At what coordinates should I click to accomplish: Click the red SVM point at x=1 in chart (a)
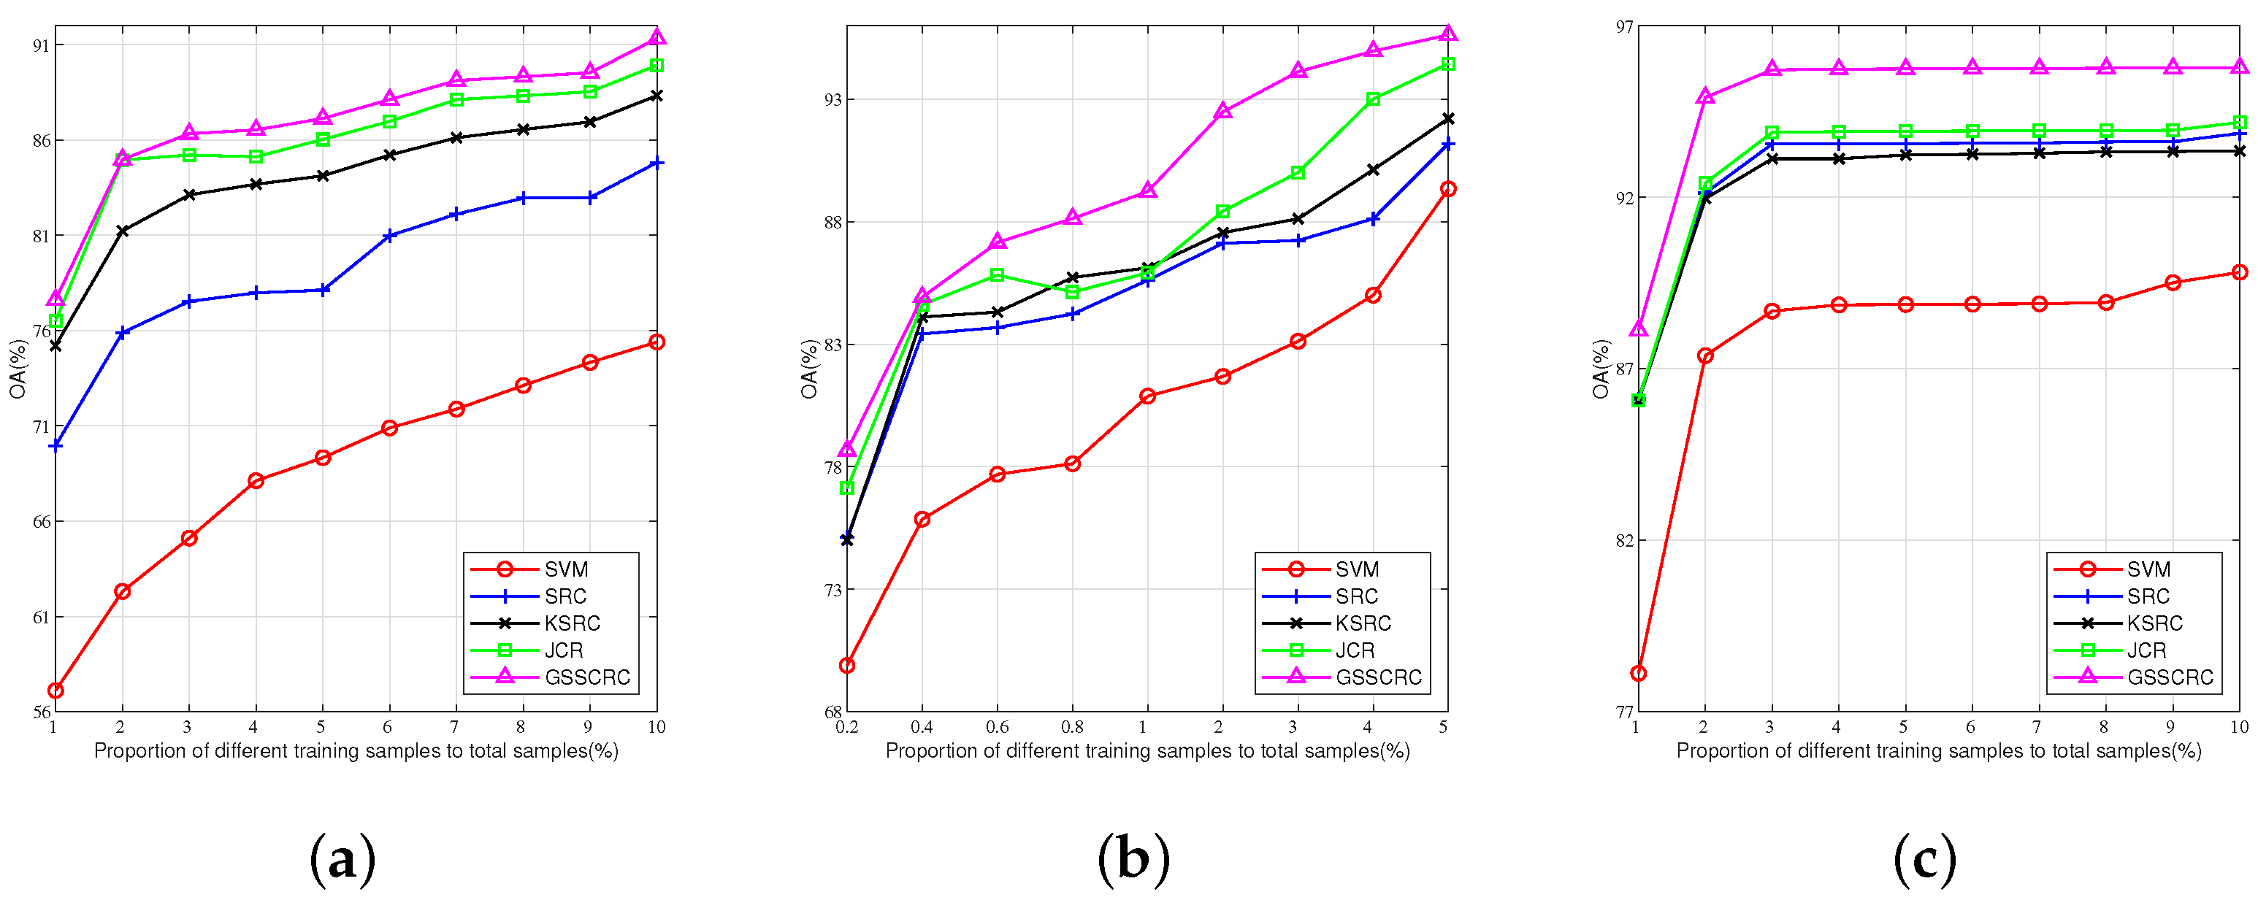pos(56,691)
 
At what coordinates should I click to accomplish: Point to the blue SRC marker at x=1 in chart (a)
pos(56,446)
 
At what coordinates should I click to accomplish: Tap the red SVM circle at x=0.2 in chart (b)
pos(847,666)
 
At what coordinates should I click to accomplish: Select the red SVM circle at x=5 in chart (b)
pos(1448,188)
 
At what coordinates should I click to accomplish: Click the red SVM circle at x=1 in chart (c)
pos(1638,673)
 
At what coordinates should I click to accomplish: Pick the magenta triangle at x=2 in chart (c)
pos(1705,96)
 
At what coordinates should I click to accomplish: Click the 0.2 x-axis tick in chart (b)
pos(847,727)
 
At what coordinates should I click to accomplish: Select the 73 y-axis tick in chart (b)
pos(832,590)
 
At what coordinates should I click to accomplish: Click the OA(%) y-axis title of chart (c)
pos(1601,369)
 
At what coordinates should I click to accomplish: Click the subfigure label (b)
pos(1133,860)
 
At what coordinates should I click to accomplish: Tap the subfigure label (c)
pos(1925,860)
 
